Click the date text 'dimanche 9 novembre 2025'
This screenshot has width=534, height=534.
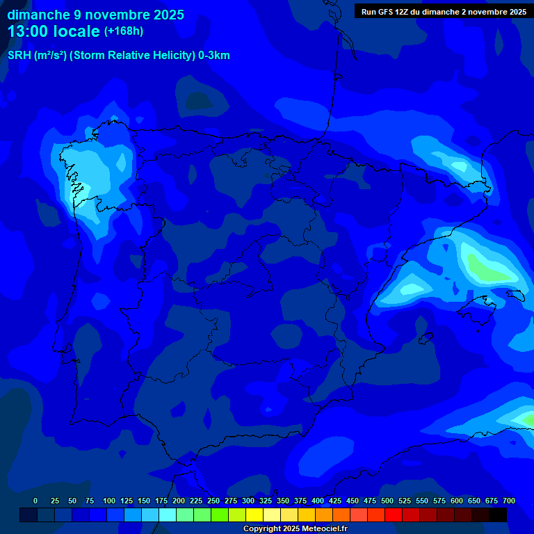tap(95, 15)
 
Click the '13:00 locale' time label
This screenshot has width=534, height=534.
tap(54, 31)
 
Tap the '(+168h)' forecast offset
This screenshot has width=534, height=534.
tap(123, 31)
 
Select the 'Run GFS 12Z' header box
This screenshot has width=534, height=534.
tap(444, 12)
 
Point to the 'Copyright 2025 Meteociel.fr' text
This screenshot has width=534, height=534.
tap(294, 529)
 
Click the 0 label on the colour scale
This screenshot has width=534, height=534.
tap(35, 501)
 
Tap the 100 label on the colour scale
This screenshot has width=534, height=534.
tap(109, 501)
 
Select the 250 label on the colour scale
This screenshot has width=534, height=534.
tap(213, 501)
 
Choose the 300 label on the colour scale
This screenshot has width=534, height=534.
tap(248, 501)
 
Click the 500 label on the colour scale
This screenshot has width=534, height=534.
tap(387, 501)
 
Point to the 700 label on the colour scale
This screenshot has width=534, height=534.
tap(509, 501)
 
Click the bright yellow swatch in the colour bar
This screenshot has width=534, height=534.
tap(254, 515)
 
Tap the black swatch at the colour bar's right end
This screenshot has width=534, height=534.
tap(498, 515)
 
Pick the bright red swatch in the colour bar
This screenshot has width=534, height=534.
tap(394, 515)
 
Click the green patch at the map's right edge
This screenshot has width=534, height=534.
tap(527, 419)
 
